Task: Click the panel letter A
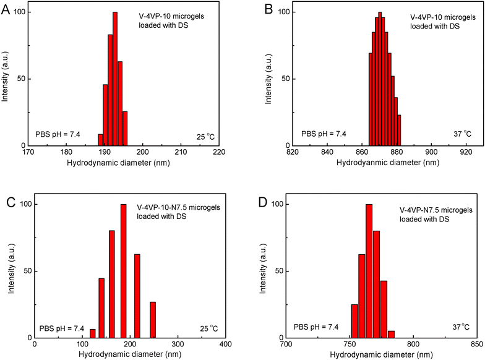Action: click(7, 9)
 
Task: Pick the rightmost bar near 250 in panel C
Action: click(152, 319)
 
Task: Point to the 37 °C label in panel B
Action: click(458, 133)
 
